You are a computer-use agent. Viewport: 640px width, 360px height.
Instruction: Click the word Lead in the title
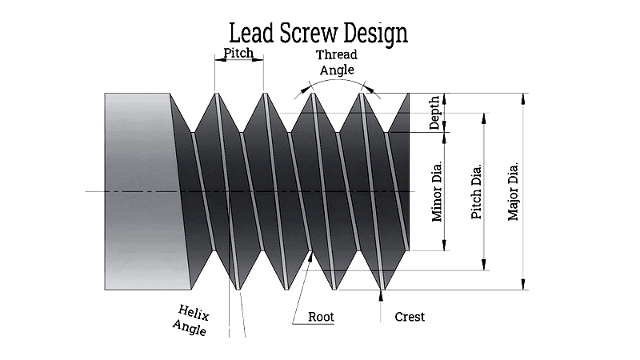pyautogui.click(x=251, y=33)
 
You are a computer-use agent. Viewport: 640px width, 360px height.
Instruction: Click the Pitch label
pyautogui.click(x=238, y=53)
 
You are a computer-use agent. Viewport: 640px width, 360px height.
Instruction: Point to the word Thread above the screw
pyautogui.click(x=336, y=54)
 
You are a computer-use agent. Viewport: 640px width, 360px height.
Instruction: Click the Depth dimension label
pyautogui.click(x=435, y=113)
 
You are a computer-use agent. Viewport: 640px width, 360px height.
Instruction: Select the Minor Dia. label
pyautogui.click(x=437, y=191)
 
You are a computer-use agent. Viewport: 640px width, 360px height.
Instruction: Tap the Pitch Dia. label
pyautogui.click(x=476, y=191)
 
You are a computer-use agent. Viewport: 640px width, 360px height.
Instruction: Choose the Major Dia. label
pyautogui.click(x=513, y=191)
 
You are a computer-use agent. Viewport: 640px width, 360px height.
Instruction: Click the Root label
pyautogui.click(x=321, y=317)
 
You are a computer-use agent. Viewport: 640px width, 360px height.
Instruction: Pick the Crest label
pyautogui.click(x=410, y=317)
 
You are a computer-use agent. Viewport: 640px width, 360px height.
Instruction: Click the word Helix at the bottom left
pyautogui.click(x=194, y=313)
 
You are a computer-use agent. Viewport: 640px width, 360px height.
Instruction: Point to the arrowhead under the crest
pyautogui.click(x=382, y=295)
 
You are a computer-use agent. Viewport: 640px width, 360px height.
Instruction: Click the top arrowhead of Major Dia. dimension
pyautogui.click(x=523, y=98)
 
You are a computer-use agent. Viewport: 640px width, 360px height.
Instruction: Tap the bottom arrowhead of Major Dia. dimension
pyautogui.click(x=523, y=284)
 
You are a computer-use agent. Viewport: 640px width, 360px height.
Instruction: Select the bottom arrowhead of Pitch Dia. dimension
pyautogui.click(x=484, y=265)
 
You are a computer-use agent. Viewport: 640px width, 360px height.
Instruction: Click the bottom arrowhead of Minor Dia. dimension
pyautogui.click(x=445, y=245)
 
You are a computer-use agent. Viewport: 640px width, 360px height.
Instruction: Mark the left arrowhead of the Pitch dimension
pyautogui.click(x=221, y=60)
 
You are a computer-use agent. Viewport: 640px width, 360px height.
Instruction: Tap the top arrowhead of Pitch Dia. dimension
pyautogui.click(x=484, y=118)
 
